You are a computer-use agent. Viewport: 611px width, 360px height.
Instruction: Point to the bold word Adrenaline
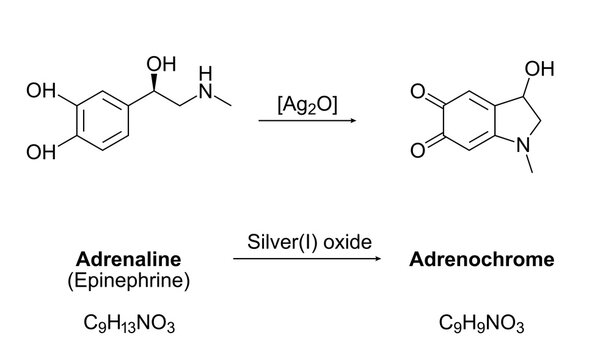[x=128, y=260]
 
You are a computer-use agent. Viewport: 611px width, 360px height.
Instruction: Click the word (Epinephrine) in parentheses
[x=128, y=280]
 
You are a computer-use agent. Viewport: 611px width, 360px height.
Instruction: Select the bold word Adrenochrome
[x=482, y=260]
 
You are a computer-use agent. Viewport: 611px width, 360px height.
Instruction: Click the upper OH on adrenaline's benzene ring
[x=41, y=92]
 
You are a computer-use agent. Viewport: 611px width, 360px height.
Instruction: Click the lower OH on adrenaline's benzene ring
[x=41, y=153]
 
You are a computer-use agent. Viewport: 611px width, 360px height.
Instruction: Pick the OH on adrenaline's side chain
[x=159, y=65]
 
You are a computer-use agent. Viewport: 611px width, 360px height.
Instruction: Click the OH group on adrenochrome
[x=537, y=69]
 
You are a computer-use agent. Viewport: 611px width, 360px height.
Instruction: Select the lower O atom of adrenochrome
[x=420, y=151]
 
